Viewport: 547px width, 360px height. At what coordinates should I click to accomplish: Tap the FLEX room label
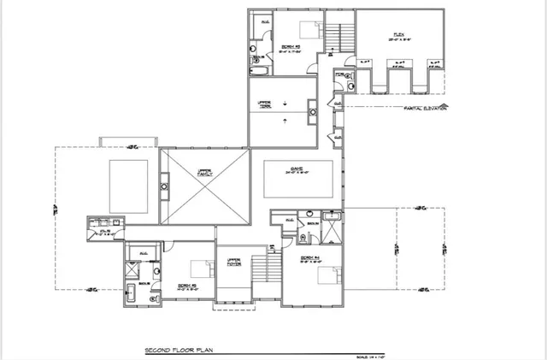pos(398,36)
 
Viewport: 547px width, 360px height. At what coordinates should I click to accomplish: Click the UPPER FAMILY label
pos(204,171)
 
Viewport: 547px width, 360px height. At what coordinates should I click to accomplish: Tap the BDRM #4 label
pos(309,259)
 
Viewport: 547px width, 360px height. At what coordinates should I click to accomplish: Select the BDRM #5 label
pos(187,286)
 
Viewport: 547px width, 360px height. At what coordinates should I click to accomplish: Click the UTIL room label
pos(106,231)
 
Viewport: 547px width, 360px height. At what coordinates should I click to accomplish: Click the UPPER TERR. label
pos(265,103)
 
